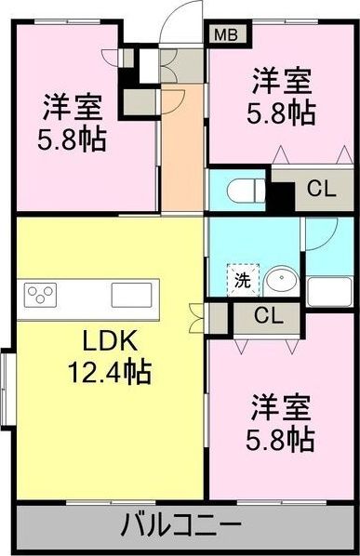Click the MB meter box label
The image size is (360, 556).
coord(225,36)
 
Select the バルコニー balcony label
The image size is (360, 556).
coord(181,526)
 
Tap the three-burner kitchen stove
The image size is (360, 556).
coord(40,295)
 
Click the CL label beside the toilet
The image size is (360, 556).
coord(320,190)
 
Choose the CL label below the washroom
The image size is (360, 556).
coord(268,316)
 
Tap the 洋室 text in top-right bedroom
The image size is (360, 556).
coord(282,81)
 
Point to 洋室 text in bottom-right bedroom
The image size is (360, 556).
coord(279,406)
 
